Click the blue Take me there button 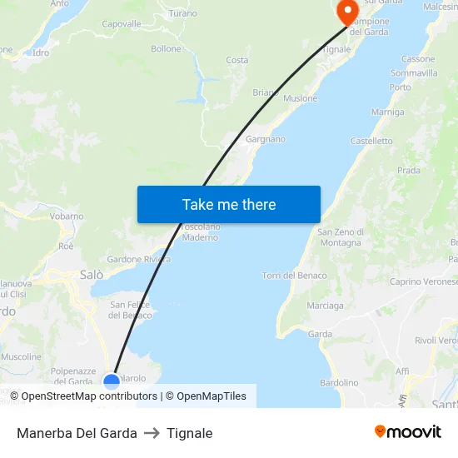[229, 204]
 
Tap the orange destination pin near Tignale [346, 11]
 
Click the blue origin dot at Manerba [111, 381]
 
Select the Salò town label [92, 274]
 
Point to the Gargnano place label [266, 139]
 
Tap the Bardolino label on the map [339, 382]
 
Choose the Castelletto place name [371, 141]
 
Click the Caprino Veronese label [423, 281]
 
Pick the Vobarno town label [67, 217]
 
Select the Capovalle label [122, 24]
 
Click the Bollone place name [166, 49]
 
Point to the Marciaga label [325, 306]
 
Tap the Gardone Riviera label [138, 259]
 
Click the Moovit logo [407, 431]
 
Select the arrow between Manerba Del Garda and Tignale [152, 433]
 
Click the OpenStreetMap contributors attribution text [89, 396]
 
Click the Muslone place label [300, 98]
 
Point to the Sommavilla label [414, 73]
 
